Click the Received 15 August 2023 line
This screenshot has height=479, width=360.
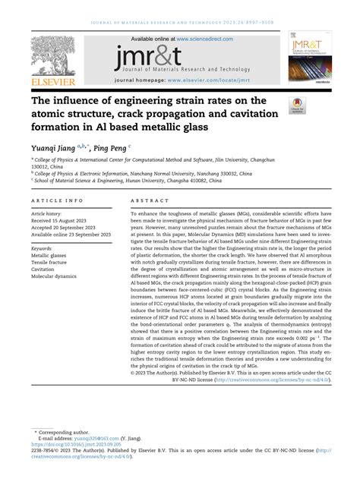[60, 222]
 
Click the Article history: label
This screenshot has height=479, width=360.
[46, 214]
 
